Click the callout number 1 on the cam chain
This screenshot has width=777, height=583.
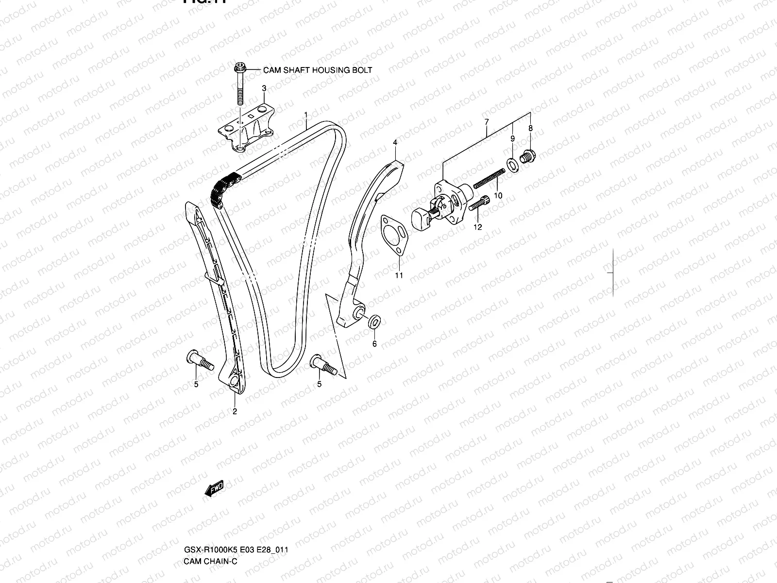tap(306, 115)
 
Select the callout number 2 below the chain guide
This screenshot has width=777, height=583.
tap(235, 412)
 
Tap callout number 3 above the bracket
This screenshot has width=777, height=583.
tap(264, 88)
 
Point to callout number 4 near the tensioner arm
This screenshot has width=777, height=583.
tap(395, 142)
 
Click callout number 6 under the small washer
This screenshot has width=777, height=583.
tap(374, 344)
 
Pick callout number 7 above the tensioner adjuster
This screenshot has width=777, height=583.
tap(486, 122)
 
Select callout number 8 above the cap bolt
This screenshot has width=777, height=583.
tap(530, 129)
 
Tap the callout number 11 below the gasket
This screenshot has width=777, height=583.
tap(399, 275)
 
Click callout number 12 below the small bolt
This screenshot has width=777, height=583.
tap(478, 227)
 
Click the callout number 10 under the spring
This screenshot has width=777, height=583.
tap(498, 195)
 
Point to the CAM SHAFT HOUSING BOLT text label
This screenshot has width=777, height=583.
tap(318, 70)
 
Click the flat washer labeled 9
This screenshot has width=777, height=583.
tap(512, 165)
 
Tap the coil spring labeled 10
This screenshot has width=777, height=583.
tap(489, 178)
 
